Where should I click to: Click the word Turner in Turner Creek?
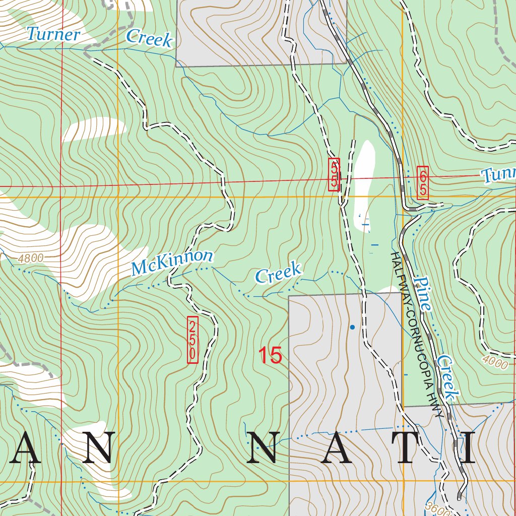point(53,35)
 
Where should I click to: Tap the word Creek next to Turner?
point(149,38)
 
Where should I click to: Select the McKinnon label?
point(172,263)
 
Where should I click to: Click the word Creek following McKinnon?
point(278,273)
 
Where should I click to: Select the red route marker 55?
point(334,174)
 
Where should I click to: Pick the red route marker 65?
point(422,182)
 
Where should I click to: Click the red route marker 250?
point(192,339)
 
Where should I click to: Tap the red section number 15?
point(270,356)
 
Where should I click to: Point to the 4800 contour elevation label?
point(30,259)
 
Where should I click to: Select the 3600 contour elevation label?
point(436,509)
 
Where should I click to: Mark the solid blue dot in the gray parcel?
point(352,328)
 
